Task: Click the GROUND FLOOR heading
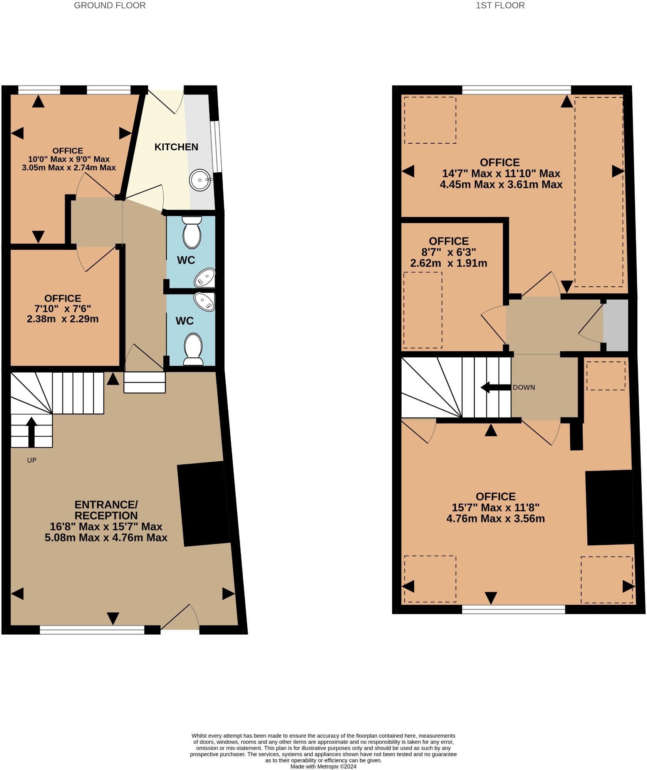(110, 5)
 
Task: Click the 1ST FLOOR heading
(500, 5)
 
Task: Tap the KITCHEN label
(176, 147)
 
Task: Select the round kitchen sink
(200, 181)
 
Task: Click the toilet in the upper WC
(192, 232)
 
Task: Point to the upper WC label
(186, 260)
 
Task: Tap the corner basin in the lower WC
(205, 302)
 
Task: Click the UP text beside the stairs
(32, 460)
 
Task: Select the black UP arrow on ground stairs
(31, 431)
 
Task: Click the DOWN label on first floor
(524, 387)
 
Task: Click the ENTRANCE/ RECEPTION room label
(106, 510)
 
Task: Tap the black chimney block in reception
(203, 503)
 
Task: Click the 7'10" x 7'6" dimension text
(63, 309)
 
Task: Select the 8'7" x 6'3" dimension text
(449, 252)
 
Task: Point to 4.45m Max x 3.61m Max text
(501, 185)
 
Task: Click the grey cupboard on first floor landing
(615, 325)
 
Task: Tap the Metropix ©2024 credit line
(323, 767)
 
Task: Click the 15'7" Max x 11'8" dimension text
(496, 508)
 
